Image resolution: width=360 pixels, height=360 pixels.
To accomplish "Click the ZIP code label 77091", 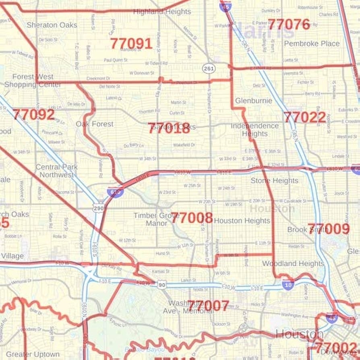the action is (131, 43).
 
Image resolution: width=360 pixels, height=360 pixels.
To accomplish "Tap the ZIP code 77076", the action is (289, 25).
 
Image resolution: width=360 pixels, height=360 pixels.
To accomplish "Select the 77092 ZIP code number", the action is (33, 114).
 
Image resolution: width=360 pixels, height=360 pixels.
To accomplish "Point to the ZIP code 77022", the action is (305, 117).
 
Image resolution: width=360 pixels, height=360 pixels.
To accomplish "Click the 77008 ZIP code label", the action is (192, 218).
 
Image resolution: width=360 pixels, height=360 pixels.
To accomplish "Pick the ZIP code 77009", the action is (329, 229).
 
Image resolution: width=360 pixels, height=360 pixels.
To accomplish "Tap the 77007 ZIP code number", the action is (208, 306).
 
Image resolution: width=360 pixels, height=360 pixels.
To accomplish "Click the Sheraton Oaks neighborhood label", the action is (52, 25).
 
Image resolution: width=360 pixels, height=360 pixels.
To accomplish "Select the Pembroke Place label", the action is (312, 43).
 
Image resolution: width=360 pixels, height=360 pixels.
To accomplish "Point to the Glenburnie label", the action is (253, 101).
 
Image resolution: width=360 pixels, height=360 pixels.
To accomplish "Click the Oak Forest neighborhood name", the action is (95, 124).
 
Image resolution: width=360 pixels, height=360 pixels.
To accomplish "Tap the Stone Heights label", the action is (274, 181).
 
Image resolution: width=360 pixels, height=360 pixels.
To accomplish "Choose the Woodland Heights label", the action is (293, 263).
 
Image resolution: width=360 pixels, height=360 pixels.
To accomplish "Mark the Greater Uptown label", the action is (33, 355).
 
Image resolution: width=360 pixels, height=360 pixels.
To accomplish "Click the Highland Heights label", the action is (162, 12).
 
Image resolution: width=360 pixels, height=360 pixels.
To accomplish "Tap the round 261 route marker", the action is (209, 68).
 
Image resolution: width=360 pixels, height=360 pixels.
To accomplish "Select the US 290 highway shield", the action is (98, 208).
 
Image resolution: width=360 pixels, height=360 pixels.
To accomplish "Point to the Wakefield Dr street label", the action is (184, 145).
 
